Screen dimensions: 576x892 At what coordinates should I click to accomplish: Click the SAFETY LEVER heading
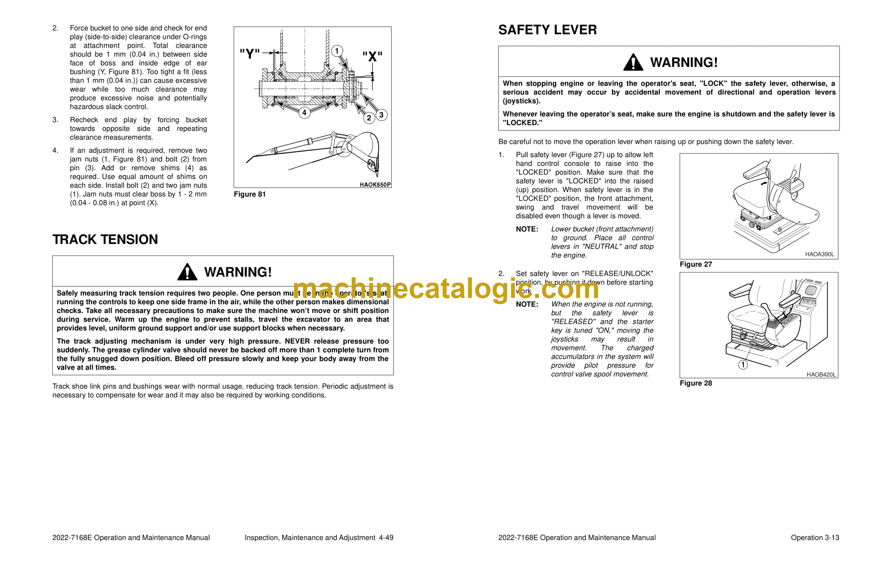click(x=547, y=30)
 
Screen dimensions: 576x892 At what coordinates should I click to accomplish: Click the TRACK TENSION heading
click(x=105, y=239)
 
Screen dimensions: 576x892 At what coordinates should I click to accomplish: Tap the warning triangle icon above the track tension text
click(x=187, y=272)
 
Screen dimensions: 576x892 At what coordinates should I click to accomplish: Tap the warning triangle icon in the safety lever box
click(x=633, y=62)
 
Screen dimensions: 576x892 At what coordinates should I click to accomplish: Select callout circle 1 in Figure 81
click(x=337, y=51)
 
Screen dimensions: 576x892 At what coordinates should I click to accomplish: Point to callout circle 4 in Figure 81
click(x=304, y=112)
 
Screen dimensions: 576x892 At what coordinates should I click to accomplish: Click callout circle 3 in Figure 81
click(x=381, y=115)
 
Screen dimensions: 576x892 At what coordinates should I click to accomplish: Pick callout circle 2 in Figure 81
click(x=369, y=118)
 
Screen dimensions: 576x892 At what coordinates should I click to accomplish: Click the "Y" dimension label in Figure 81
click(x=249, y=54)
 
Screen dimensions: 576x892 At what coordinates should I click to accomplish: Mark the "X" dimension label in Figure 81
click(x=372, y=57)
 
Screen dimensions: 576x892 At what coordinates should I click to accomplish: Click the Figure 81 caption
click(x=249, y=194)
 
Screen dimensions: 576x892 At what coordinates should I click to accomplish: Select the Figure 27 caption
click(x=695, y=264)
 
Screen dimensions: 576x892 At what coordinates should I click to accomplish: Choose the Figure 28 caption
click(x=695, y=383)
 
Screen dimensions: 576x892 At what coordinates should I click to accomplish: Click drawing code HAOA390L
click(x=820, y=254)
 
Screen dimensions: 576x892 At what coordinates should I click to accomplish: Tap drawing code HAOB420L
click(x=821, y=374)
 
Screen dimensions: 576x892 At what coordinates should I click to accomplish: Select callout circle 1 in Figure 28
click(x=743, y=365)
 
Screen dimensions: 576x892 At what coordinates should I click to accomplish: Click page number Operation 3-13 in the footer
click(x=815, y=537)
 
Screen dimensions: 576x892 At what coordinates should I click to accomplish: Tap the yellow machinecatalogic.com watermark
click(x=445, y=289)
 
